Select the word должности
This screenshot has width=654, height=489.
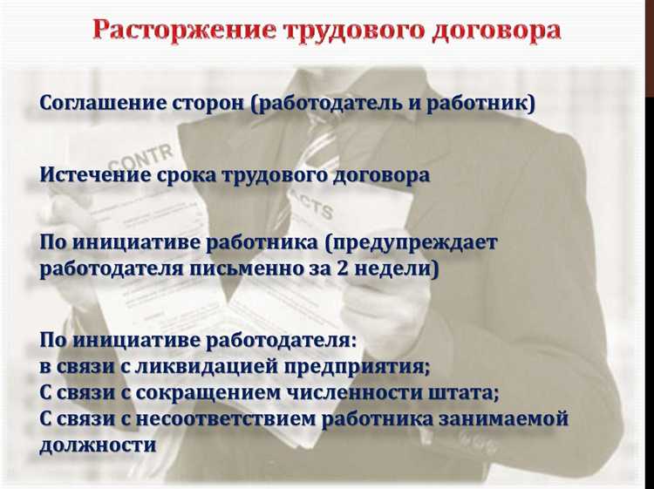(98, 445)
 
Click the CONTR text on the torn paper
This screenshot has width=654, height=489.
(135, 166)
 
